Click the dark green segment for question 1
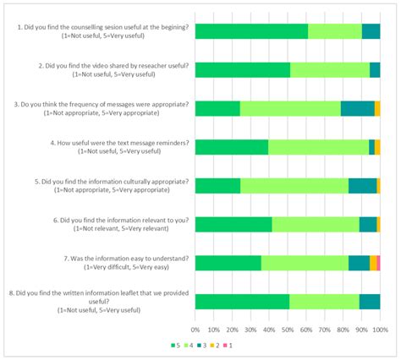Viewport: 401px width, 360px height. tap(251, 31)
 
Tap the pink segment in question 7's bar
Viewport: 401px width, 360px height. tap(378, 263)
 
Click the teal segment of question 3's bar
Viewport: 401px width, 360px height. tap(357, 108)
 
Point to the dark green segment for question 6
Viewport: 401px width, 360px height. tap(233, 224)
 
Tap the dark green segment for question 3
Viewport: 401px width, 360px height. tap(217, 108)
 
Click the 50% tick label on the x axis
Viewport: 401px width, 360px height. tap(288, 330)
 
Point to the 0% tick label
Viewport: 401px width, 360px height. tap(195, 330)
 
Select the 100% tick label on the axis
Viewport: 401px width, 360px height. tap(379, 330)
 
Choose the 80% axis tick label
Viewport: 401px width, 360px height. tap(343, 330)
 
